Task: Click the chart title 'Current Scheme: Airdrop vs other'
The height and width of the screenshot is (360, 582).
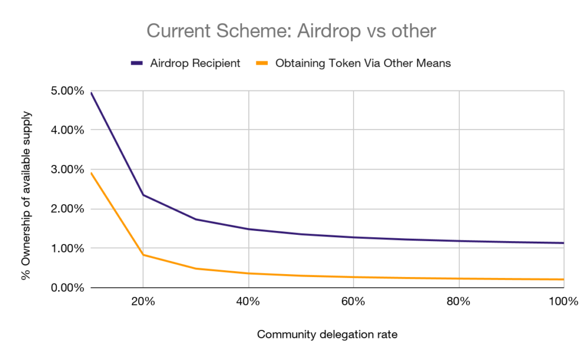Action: coord(291,30)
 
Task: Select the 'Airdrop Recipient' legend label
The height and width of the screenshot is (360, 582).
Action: coord(195,63)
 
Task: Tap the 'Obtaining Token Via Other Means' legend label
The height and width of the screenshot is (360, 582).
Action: coord(363,63)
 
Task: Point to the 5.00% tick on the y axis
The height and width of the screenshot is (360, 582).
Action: coord(68,90)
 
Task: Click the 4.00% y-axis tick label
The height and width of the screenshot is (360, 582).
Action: coord(68,130)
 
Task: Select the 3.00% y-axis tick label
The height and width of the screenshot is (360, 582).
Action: coord(68,169)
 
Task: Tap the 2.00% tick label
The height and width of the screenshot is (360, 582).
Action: coord(68,209)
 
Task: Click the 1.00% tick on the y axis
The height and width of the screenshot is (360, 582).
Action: coord(68,249)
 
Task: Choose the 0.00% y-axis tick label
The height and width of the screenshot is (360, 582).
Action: coord(68,288)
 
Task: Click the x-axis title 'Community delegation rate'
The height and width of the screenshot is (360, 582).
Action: coord(327,334)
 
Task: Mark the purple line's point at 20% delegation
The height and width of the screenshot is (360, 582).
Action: coord(143,195)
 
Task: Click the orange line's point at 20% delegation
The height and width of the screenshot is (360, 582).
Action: coord(143,255)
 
